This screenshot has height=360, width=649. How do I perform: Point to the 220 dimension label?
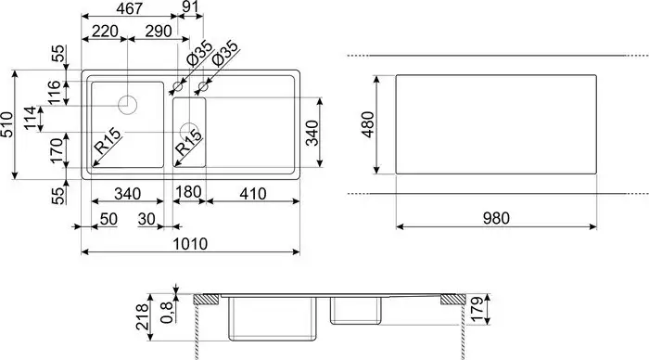(104, 32)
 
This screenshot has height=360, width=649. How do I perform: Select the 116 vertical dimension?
(55, 92)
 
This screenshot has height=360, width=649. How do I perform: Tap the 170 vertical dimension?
(55, 148)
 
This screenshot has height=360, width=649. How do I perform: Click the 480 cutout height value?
(369, 124)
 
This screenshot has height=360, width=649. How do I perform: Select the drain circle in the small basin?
(190, 131)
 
